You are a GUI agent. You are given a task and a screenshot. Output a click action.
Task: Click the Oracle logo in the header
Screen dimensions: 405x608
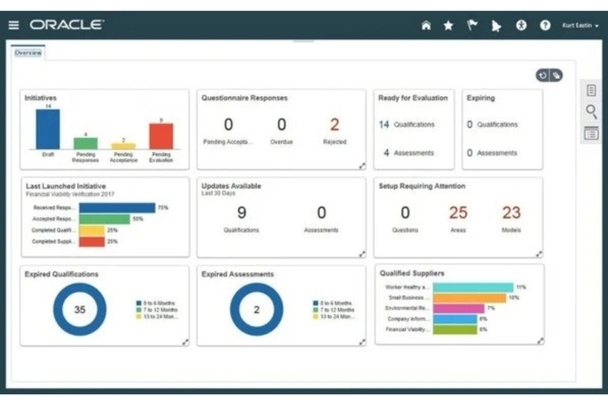[67, 25]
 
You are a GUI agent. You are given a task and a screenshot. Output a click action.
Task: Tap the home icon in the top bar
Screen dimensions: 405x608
[426, 25]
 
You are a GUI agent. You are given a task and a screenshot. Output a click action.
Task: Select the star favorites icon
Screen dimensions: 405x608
[448, 25]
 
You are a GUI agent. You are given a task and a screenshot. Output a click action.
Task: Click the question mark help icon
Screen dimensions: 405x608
[545, 25]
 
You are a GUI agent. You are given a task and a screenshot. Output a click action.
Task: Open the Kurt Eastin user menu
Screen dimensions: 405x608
[580, 25]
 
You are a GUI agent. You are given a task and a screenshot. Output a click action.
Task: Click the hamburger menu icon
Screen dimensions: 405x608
[14, 25]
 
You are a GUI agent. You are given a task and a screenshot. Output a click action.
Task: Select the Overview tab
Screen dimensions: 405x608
[28, 53]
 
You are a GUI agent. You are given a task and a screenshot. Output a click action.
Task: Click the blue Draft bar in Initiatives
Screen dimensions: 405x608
[48, 129]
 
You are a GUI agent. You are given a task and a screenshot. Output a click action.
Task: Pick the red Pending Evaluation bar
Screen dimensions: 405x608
[161, 136]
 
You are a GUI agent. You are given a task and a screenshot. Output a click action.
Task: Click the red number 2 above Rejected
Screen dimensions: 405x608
[334, 125]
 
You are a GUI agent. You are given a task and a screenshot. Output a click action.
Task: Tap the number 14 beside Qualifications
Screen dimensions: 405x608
[384, 124]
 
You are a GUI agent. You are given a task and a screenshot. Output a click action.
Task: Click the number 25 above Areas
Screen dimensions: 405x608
[458, 213]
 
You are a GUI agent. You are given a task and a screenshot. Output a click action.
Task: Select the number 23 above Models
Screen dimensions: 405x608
[511, 213]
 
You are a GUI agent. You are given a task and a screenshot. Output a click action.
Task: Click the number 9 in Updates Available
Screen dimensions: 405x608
[242, 213]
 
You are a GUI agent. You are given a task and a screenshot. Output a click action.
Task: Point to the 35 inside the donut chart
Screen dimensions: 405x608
[80, 309]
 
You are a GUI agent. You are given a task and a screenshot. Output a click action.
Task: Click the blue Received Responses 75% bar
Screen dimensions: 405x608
[117, 208]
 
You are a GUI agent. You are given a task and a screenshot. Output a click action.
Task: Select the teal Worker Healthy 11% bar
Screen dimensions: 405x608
[473, 287]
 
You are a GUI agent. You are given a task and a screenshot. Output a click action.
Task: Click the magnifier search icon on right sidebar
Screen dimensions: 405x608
[591, 111]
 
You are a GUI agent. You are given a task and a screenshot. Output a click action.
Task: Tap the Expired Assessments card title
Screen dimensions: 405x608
[237, 274]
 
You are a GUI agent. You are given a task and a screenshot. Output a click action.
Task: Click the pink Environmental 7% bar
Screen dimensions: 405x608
[458, 308]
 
